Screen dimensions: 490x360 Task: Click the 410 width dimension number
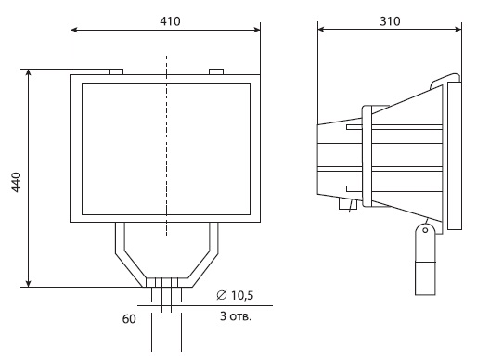[x=170, y=21]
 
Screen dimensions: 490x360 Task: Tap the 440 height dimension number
[x=16, y=182]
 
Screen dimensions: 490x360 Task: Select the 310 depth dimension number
[x=390, y=21]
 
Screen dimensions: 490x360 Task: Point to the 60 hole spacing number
[x=129, y=319]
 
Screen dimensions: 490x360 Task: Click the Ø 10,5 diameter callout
[x=235, y=295]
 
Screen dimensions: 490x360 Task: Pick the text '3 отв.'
[x=236, y=316]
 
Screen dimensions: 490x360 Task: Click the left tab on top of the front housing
[x=116, y=71]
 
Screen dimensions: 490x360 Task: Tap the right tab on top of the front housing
[x=216, y=71]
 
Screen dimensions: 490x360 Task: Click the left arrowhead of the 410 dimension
[x=74, y=30]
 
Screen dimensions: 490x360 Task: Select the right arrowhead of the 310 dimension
[x=458, y=30]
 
